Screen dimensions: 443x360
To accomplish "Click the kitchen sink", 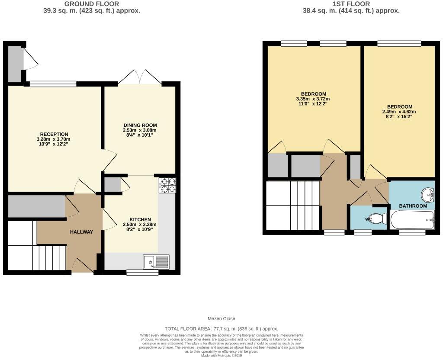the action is point(156,262).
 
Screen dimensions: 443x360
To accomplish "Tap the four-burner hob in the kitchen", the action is point(167,185).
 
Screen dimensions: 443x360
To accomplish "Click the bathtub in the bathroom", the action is point(412,220).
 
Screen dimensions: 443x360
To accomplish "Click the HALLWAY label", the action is point(81,232).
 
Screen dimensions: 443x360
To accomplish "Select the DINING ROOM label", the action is point(140,125).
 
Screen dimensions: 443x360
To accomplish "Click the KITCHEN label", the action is point(140,219).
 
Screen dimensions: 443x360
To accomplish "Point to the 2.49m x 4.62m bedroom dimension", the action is point(399,112).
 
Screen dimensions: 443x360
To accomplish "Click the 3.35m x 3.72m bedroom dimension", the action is point(313,99).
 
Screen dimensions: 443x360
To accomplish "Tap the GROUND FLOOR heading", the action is point(92,4).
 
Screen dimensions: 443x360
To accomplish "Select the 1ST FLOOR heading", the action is point(351,4).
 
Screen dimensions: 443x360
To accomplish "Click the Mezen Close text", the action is point(221,318).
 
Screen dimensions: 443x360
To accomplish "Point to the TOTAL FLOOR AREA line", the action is point(221,329).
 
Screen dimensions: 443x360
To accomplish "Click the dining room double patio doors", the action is point(140,77).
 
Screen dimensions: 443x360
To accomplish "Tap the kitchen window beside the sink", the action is point(142,273).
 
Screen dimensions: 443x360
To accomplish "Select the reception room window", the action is point(53,84).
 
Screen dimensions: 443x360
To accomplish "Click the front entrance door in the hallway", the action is point(83,266).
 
